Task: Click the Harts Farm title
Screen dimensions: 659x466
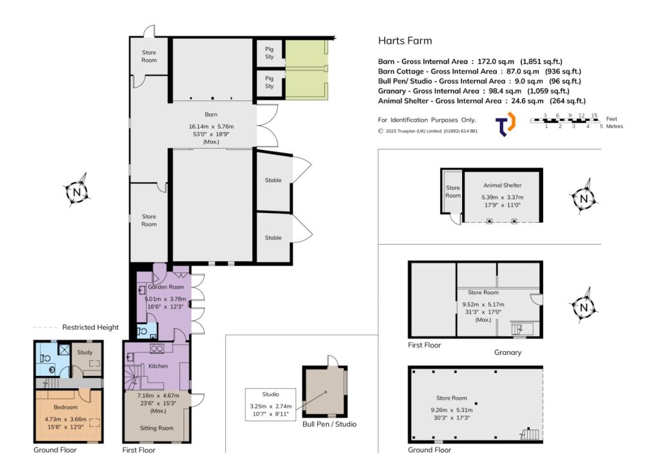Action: tap(405, 41)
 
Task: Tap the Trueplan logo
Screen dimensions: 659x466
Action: tap(505, 124)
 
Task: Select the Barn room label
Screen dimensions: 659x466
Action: tap(211, 115)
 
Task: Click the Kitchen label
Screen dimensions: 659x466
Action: tap(158, 366)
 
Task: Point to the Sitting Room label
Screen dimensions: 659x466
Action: tap(156, 428)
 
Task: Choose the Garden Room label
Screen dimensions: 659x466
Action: tap(165, 286)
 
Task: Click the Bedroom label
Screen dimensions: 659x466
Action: tap(66, 407)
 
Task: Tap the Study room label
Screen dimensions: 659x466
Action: tap(85, 353)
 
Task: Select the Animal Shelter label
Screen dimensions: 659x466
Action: tap(502, 185)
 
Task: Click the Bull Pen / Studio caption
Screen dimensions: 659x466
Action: tap(329, 424)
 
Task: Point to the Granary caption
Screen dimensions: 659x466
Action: tap(508, 353)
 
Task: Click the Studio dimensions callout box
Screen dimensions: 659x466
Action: tap(271, 404)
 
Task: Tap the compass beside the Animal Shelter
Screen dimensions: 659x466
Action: tap(584, 198)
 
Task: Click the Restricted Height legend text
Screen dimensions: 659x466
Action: tap(90, 328)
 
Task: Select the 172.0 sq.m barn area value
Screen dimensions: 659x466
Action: tap(496, 61)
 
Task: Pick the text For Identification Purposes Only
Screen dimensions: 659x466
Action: tap(427, 120)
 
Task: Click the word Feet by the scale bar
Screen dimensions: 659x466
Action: tap(611, 119)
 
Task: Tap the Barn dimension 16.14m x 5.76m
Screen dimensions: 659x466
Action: tap(211, 127)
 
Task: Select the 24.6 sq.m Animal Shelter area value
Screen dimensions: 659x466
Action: tap(524, 101)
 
